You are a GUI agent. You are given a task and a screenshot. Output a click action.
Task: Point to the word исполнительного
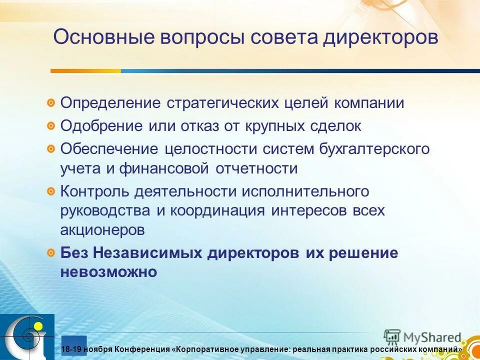[x=305, y=191]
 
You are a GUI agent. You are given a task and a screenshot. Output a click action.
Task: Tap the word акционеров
[x=103, y=230]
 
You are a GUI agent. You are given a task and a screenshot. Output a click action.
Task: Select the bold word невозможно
[x=109, y=272]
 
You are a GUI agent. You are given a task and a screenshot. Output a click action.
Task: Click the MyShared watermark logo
[x=423, y=337]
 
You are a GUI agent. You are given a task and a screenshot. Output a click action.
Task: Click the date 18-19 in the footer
[x=71, y=349]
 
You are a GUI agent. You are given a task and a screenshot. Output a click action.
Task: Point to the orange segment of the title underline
[x=85, y=71]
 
